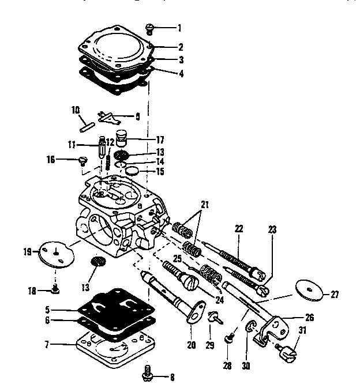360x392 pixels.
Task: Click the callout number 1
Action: point(179,27)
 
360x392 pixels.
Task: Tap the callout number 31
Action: point(302,330)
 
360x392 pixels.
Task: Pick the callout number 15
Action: point(160,171)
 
